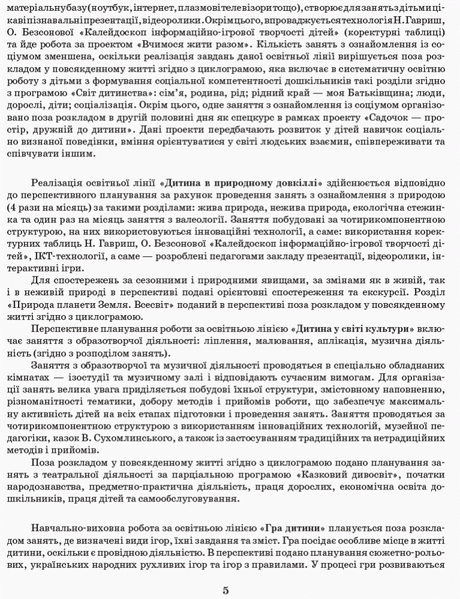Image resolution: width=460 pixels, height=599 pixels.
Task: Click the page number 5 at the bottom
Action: coord(226,590)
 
